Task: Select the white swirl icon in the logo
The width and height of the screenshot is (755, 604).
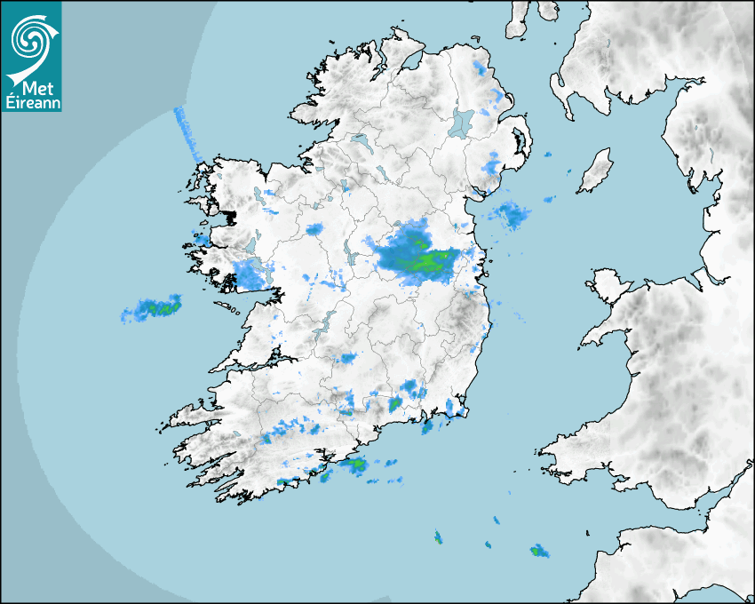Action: tap(31, 40)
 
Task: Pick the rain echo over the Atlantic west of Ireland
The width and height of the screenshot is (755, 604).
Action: tap(153, 309)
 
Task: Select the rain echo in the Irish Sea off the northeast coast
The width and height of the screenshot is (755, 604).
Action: tap(510, 214)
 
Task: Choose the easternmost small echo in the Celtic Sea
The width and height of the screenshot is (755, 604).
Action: tap(539, 552)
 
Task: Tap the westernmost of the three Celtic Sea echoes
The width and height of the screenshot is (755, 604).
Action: tap(438, 536)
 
